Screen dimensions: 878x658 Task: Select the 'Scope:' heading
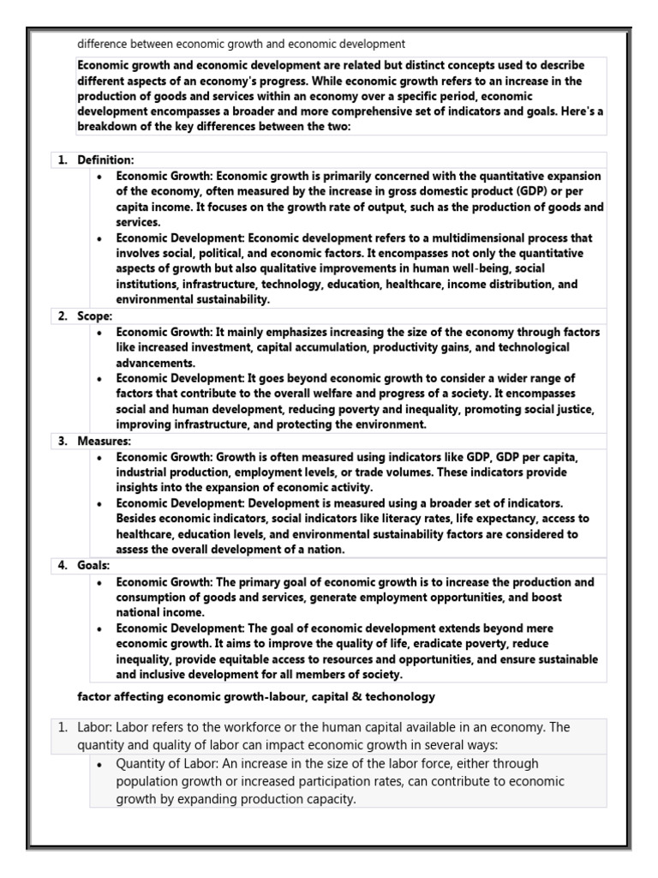tap(96, 316)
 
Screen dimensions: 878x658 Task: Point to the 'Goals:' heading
tap(94, 566)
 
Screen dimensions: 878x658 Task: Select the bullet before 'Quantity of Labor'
tap(101, 763)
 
